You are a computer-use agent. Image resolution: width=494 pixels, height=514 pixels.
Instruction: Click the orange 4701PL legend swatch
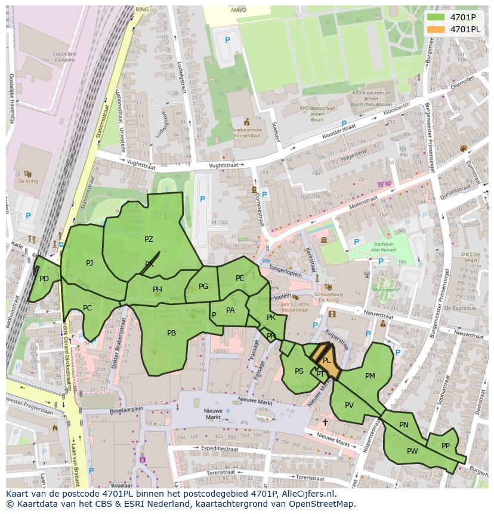tap(436, 29)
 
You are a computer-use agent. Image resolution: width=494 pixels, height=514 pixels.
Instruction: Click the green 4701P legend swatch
tap(436, 17)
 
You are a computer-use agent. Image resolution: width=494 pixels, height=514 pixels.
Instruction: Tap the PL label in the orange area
tap(326, 361)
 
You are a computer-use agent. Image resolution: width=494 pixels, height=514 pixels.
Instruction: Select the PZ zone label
tap(149, 239)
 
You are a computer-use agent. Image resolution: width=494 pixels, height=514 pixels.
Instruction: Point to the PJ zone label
tap(89, 263)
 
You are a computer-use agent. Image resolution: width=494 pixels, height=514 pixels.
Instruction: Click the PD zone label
tap(44, 279)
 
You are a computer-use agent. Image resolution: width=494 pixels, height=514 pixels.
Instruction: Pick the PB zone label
tap(171, 333)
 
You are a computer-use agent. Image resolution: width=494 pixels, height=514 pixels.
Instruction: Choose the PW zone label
tap(412, 451)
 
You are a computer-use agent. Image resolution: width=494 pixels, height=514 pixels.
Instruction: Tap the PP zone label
tap(445, 446)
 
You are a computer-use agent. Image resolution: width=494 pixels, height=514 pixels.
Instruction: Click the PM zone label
tap(370, 376)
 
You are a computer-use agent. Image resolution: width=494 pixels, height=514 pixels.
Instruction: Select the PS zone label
tap(299, 371)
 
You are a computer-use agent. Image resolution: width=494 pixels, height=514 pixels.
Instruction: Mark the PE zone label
tap(240, 278)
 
